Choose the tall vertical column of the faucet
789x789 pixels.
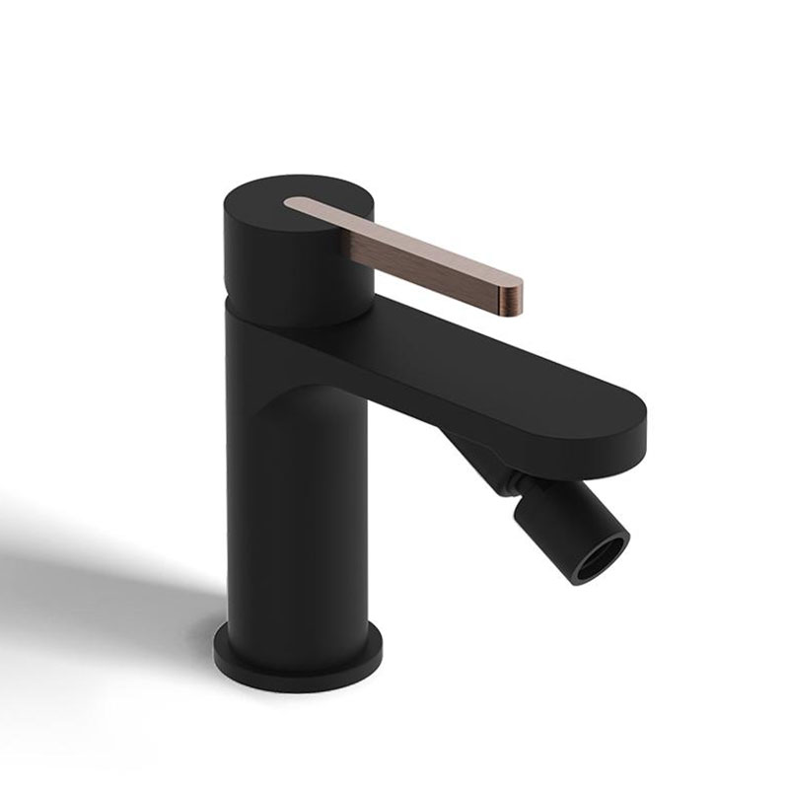point(296,513)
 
